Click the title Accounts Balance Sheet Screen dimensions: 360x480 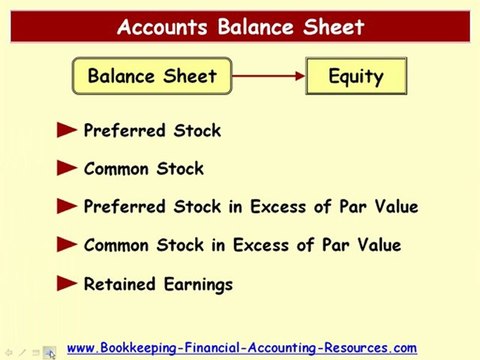[x=240, y=26]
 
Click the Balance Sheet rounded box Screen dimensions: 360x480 [x=152, y=76]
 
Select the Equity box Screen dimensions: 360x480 [x=355, y=76]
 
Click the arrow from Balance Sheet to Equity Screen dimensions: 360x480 [x=268, y=76]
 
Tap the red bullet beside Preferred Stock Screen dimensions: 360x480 [x=67, y=130]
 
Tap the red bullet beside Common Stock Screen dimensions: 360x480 [x=67, y=168]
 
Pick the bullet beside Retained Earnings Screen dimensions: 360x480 [x=67, y=284]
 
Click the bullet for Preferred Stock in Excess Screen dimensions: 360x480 [x=67, y=207]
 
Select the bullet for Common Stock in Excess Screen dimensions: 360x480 [x=67, y=245]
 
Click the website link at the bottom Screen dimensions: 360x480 [x=241, y=347]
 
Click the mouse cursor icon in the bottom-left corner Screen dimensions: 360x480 [x=49, y=352]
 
